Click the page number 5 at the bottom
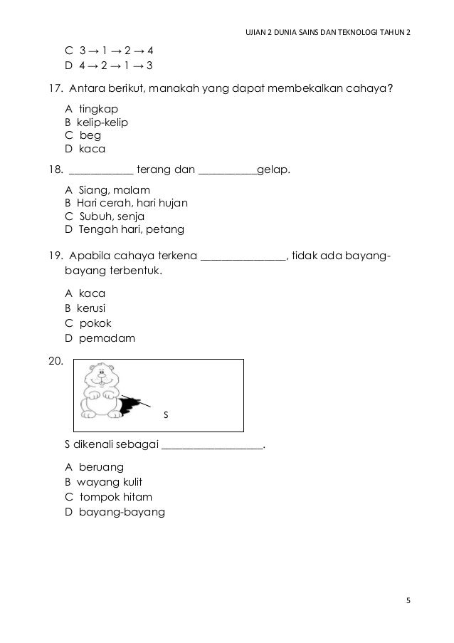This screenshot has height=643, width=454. tap(408, 600)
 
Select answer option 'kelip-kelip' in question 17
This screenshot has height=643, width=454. tap(103, 122)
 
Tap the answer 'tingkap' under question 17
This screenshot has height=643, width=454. tap(98, 108)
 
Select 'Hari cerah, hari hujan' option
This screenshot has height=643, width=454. tap(132, 203)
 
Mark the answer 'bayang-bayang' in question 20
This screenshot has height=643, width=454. tap(122, 511)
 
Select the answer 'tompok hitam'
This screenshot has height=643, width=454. tap(115, 497)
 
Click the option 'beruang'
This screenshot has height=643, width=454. tap(101, 467)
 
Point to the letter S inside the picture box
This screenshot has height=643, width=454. tap(166, 414)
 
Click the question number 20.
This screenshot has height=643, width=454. tap(55, 362)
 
